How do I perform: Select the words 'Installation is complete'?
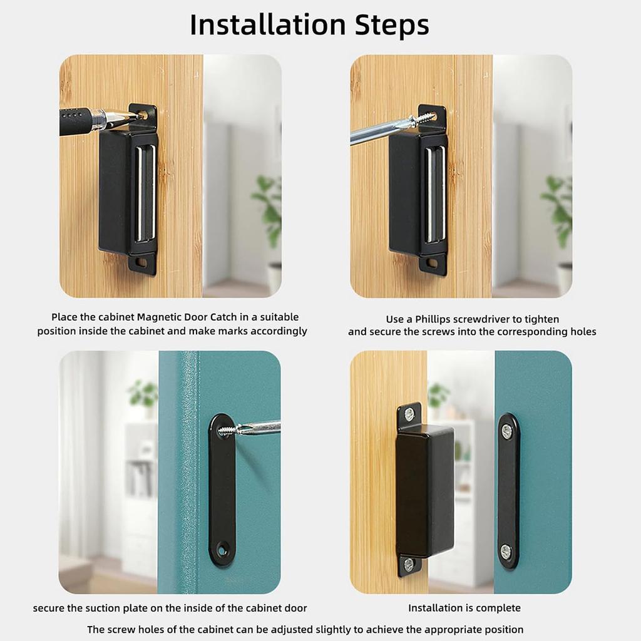coord(464,608)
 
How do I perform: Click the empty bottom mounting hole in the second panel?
coord(432,263)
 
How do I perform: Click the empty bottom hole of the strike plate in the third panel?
coord(222,551)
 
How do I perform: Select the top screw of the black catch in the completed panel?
coord(409,414)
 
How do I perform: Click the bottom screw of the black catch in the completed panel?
coord(409,563)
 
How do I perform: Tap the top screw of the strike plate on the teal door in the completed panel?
coord(507,431)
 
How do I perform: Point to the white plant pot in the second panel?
coord(563,279)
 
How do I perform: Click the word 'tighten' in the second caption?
coord(541,319)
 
